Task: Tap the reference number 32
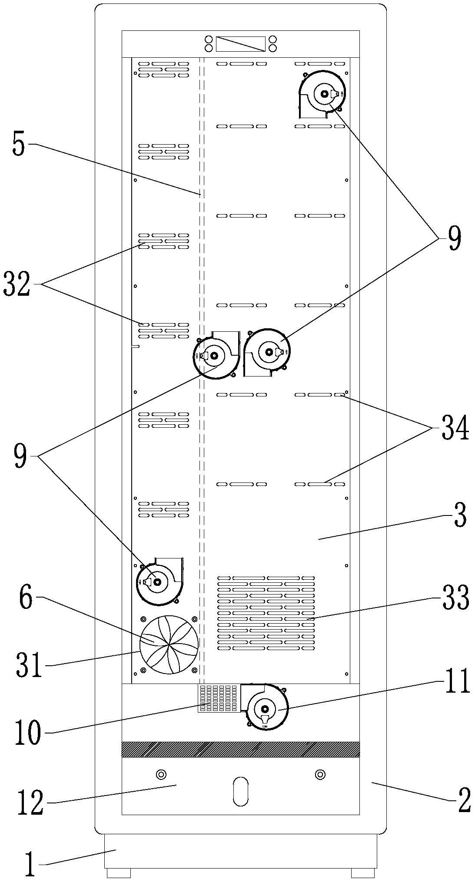point(17,284)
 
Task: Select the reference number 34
point(455,428)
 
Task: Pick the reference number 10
point(28,733)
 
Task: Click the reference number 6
point(26,598)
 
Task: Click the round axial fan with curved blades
point(169,644)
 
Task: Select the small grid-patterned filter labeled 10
point(219,699)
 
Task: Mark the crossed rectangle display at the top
point(240,44)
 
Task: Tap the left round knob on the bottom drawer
point(161,774)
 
